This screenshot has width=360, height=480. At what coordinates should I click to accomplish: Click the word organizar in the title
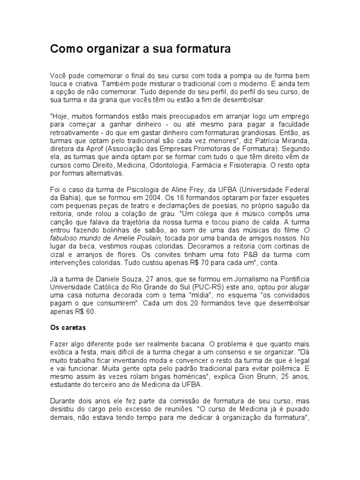click(x=111, y=49)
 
